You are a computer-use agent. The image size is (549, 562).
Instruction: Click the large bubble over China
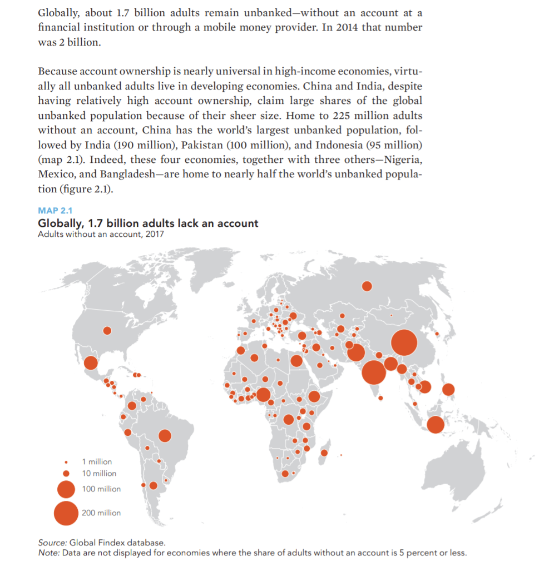[x=404, y=342]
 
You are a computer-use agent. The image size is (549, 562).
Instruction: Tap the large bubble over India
[x=374, y=372]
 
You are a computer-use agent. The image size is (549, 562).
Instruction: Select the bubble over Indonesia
[x=436, y=425]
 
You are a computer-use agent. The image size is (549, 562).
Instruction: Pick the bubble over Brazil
[x=165, y=436]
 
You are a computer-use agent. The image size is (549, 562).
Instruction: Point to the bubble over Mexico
[x=91, y=363]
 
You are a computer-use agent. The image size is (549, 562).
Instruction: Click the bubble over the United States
[x=107, y=331]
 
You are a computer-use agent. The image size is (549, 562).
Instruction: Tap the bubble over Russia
[x=367, y=286]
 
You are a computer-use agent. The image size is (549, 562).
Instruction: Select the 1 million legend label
[x=97, y=461]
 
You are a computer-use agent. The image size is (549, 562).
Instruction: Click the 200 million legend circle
[x=66, y=513]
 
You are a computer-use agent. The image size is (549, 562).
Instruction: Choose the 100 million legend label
[x=101, y=489]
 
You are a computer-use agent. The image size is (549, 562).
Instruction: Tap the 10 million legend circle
[x=66, y=474]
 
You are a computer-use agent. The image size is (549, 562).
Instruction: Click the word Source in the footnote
[x=52, y=542]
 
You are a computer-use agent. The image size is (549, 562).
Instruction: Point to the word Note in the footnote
[x=48, y=552]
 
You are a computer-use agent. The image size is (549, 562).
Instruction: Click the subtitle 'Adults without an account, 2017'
[x=101, y=233]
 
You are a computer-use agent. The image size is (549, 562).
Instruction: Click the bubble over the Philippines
[x=448, y=390]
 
